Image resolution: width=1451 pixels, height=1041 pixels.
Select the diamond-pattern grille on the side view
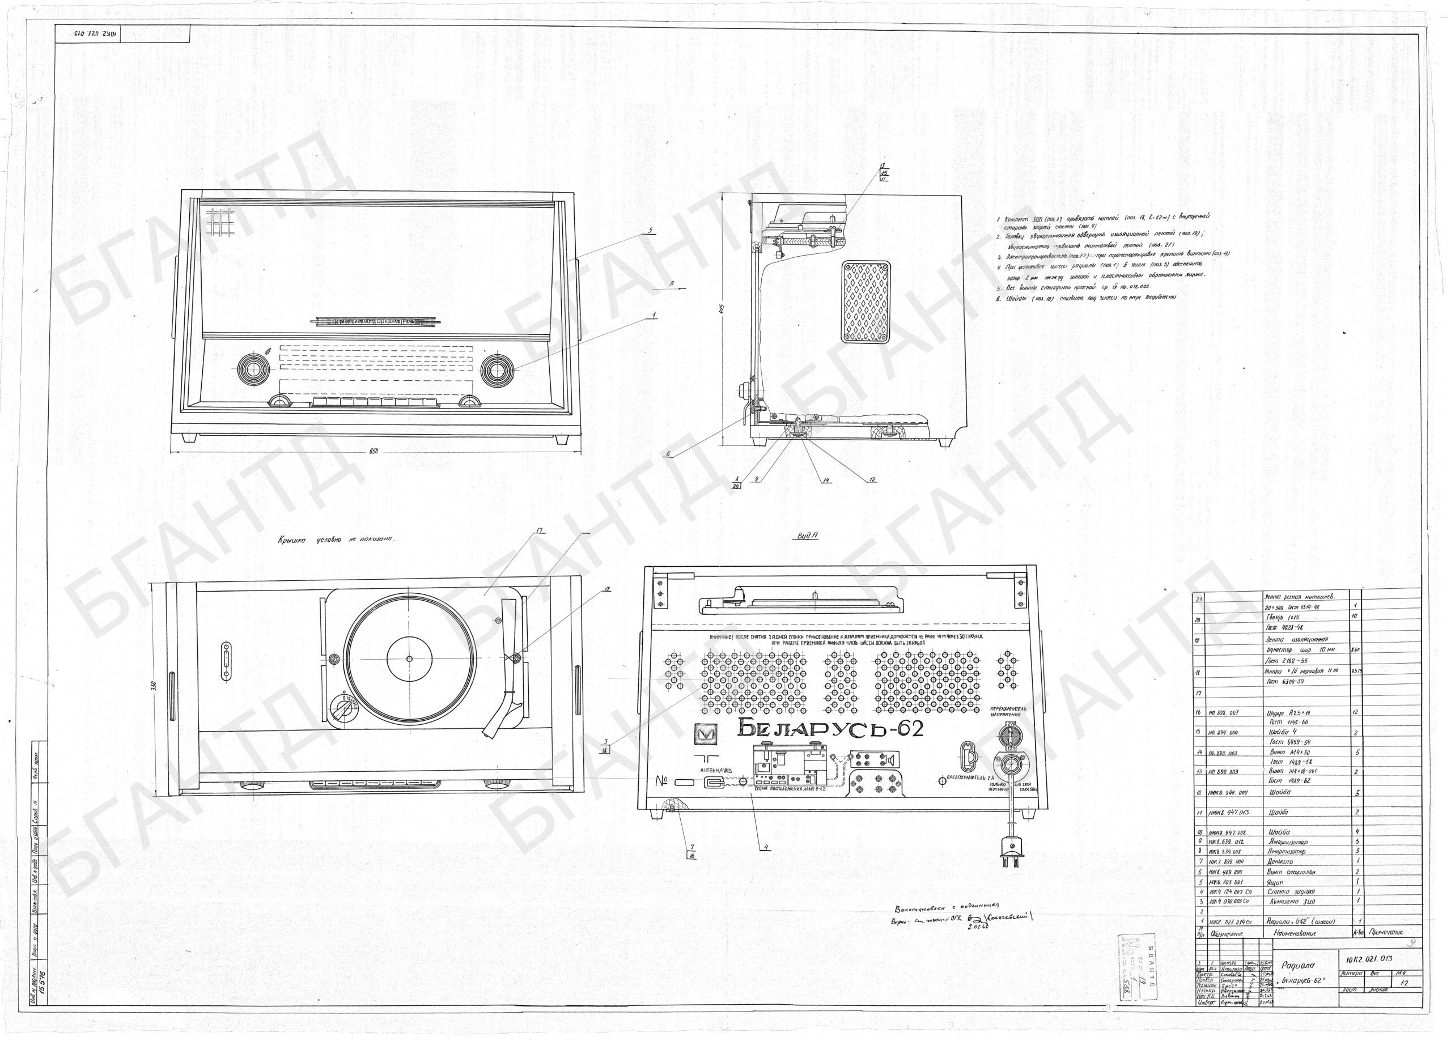(866, 301)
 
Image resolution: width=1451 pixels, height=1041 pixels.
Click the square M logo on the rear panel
(706, 734)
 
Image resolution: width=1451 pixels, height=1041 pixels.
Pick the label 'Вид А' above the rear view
(807, 537)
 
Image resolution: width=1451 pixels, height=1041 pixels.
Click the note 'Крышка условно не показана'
(336, 539)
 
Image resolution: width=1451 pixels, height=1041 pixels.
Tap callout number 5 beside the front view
(650, 230)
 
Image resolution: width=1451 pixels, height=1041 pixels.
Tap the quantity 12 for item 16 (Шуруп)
(1356, 712)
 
